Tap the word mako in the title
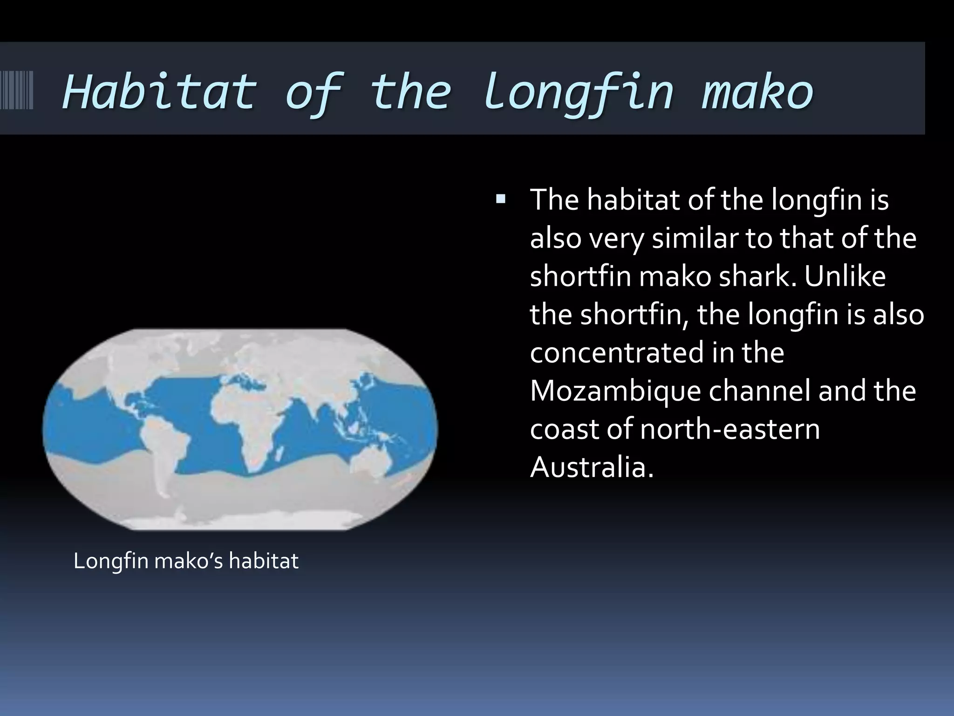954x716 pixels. coord(757,91)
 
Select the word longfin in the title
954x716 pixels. coord(578,91)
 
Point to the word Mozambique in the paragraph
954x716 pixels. coord(615,391)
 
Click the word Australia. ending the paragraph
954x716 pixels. coord(592,467)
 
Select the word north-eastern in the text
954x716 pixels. coord(730,429)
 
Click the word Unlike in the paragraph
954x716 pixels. coord(845,276)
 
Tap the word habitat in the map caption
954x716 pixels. coord(264,561)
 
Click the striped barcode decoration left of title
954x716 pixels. coord(17,89)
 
